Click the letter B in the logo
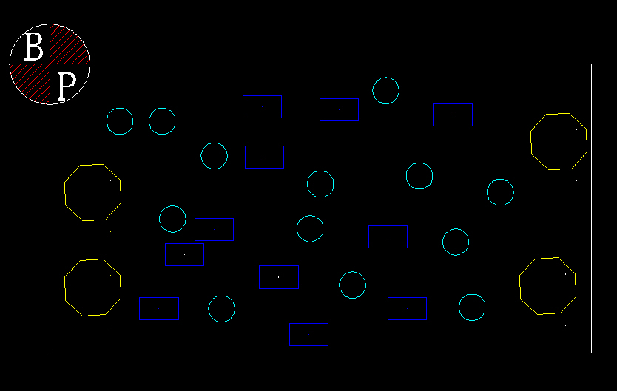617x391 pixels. tap(33, 47)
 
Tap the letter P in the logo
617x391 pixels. tap(67, 86)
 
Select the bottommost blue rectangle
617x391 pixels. tap(309, 324)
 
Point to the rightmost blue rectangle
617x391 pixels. tap(453, 104)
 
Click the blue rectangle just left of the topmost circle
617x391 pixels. tap(339, 99)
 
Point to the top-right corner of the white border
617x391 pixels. tap(591, 64)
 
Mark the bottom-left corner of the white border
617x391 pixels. tap(50, 353)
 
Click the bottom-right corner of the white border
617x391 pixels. tap(591, 353)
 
